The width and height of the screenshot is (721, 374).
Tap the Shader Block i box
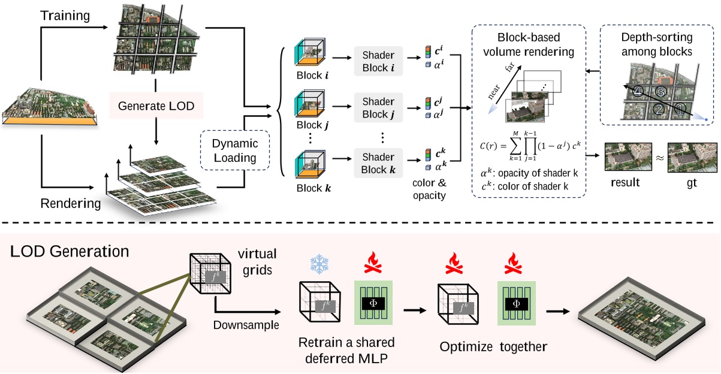pos(378,60)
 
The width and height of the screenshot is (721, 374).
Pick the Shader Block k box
pos(378,162)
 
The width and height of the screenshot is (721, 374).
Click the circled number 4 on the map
pos(639,92)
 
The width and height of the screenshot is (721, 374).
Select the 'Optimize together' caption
pos(493,347)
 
